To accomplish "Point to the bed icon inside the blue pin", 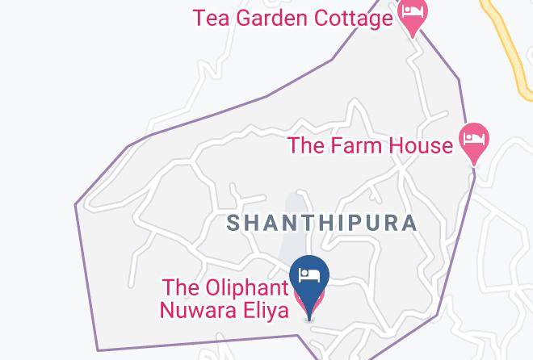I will tap(310, 275).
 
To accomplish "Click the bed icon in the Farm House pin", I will tap(474, 139).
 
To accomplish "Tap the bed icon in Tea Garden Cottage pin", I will tap(413, 12).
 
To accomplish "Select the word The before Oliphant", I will tap(179, 288).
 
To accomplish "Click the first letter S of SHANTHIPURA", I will tap(234, 223).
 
